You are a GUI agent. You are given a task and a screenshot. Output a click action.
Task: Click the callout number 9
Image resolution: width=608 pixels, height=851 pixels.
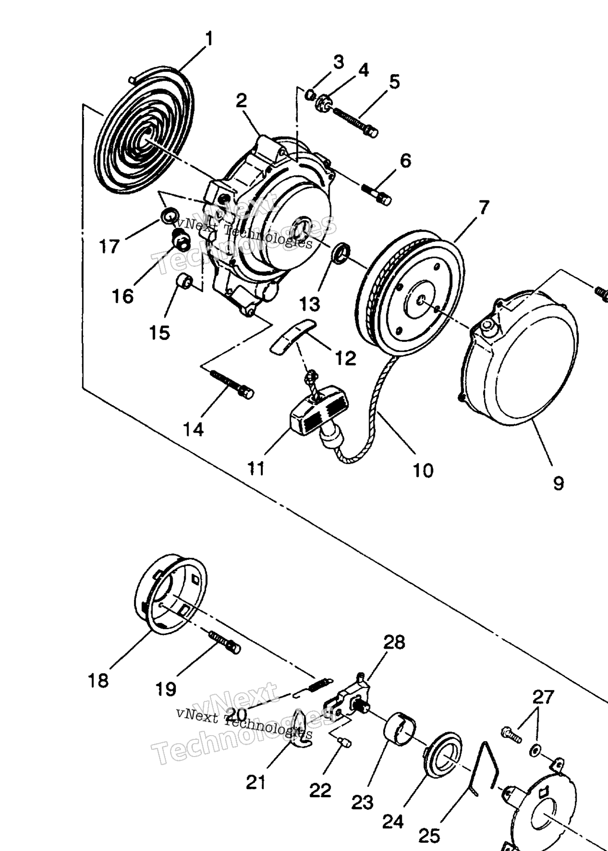point(558,483)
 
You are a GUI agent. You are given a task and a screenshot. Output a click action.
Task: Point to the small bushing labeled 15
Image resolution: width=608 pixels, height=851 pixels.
point(184,282)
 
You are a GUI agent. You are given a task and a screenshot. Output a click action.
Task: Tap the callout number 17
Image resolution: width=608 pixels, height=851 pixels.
point(109,246)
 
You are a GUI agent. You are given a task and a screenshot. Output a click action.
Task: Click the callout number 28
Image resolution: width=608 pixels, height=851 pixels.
point(394,642)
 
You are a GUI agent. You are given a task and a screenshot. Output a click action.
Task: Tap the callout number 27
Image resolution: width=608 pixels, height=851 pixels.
point(543,697)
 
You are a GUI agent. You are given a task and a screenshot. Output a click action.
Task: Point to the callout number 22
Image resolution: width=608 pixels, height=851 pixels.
point(320,791)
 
